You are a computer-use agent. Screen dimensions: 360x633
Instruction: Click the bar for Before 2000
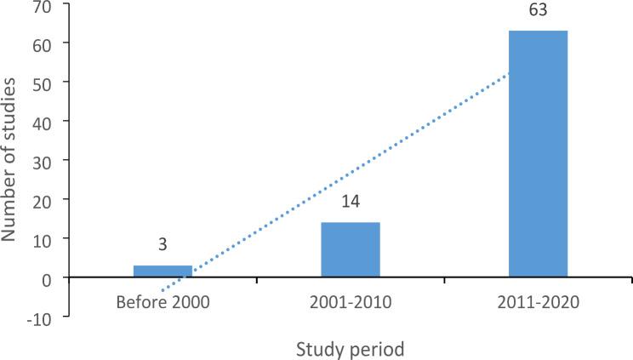point(163,271)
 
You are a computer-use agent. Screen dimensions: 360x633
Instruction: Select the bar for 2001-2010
point(350,250)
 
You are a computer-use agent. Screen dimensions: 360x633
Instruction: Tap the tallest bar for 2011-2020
point(538,154)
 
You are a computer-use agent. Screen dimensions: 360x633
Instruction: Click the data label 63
point(538,12)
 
